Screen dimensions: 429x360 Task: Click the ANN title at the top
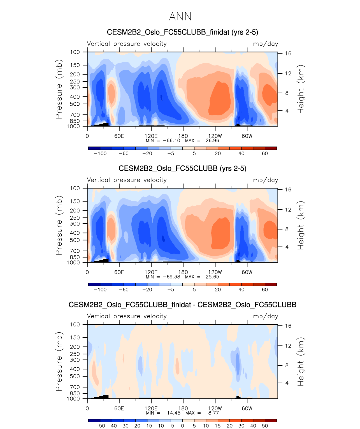tap(180, 17)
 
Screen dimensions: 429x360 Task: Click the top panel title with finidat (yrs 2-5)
tap(182, 32)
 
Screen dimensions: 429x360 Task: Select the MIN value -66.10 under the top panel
tap(171, 140)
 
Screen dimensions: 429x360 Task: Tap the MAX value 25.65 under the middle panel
tap(212, 277)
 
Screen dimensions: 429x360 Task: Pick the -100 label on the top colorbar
tap(100, 153)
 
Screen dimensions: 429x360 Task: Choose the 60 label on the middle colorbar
tap(265, 289)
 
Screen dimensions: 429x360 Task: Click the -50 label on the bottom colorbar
tap(100, 426)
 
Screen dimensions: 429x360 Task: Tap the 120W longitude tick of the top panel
tap(215, 136)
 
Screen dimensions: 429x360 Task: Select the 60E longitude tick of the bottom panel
tap(119, 408)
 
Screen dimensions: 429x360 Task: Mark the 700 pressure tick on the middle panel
tap(75, 251)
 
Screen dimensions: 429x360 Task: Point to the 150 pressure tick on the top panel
tap(75, 65)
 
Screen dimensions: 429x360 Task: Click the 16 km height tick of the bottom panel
tap(288, 326)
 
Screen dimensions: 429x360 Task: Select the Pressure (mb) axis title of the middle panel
tap(59, 225)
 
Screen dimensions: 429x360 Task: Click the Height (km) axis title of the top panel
tap(301, 89)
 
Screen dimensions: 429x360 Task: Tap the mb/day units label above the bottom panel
tap(265, 316)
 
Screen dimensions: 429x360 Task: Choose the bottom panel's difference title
tap(182, 305)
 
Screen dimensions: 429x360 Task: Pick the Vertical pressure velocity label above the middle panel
tap(127, 180)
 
